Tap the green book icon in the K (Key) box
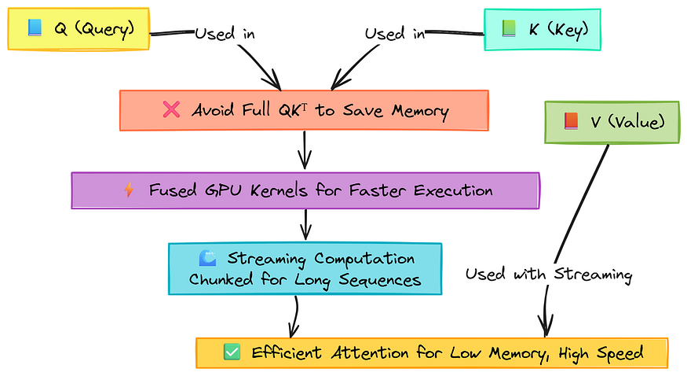508,29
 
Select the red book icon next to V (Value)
571,121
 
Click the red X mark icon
171,110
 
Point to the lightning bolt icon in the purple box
130,190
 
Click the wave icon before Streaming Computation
208,258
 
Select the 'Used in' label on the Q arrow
225,34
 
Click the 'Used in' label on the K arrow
396,34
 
